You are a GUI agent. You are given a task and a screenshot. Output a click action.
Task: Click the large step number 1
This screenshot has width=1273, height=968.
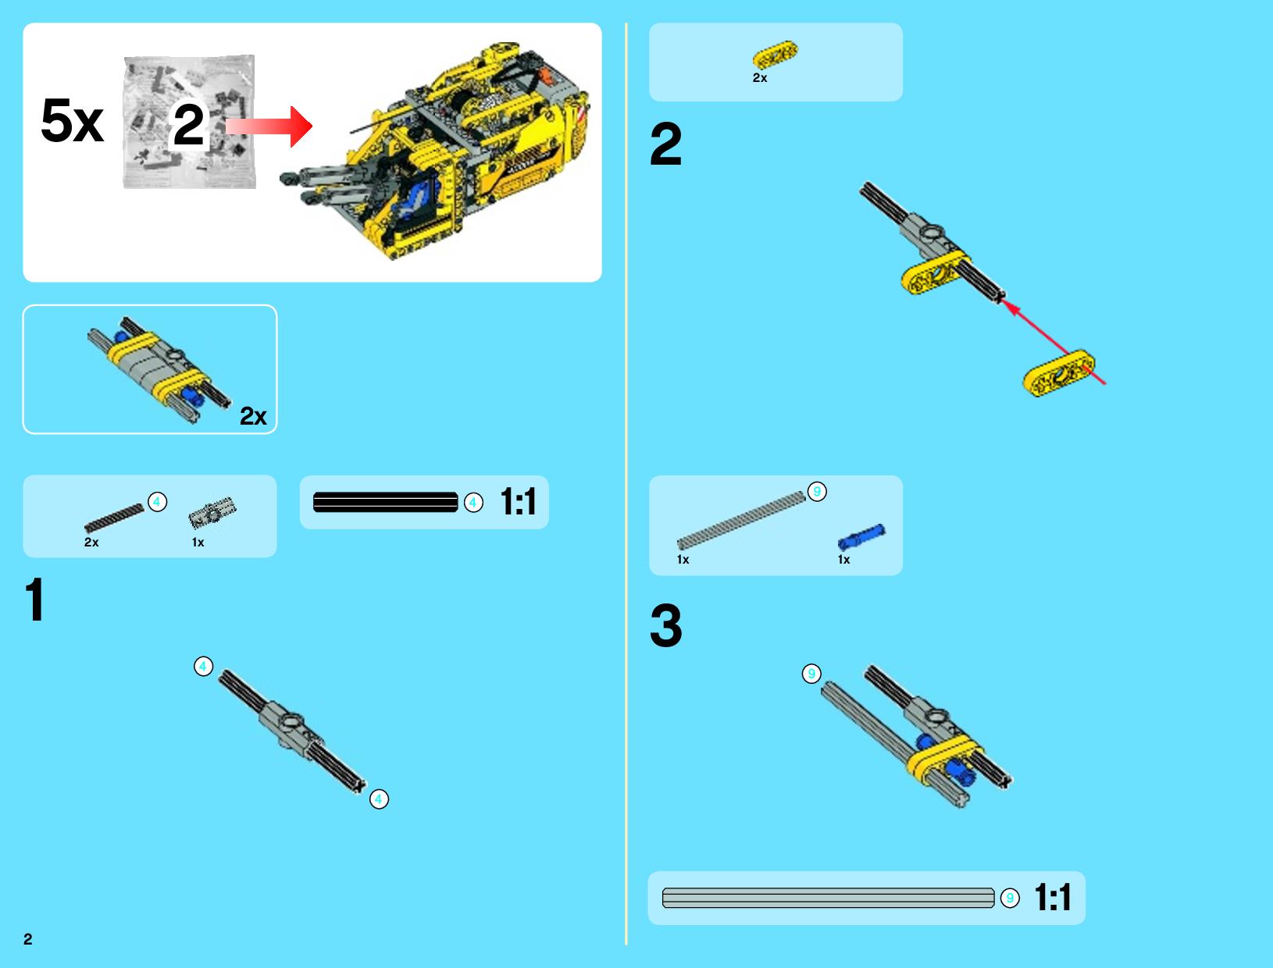[x=35, y=600]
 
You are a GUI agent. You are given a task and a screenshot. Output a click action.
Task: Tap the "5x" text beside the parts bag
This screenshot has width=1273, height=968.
[x=72, y=120]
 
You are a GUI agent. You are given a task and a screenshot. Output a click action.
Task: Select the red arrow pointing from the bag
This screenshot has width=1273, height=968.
[x=269, y=126]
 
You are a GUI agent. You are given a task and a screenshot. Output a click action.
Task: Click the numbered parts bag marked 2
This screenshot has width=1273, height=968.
[x=189, y=122]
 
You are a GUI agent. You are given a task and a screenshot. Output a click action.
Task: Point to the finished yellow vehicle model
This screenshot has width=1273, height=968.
[x=435, y=151]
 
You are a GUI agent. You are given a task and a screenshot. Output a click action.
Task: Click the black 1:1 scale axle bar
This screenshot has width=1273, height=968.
[x=386, y=502]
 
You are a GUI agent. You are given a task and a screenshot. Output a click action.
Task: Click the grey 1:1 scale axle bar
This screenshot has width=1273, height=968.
[x=828, y=898]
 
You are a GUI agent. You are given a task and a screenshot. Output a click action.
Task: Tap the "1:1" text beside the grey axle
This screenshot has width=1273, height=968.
[x=1053, y=897]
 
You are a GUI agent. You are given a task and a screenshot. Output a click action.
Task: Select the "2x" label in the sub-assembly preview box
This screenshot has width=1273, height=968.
[x=254, y=416]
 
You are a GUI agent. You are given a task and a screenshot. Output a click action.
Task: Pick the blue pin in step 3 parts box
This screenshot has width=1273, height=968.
[x=861, y=537]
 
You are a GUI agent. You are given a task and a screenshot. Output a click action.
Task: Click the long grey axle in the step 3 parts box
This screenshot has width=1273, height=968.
[x=741, y=520]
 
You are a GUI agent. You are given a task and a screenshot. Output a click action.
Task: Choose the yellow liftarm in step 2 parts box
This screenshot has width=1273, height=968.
[x=775, y=55]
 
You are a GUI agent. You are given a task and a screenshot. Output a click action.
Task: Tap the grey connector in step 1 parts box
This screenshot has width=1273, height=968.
[x=212, y=512]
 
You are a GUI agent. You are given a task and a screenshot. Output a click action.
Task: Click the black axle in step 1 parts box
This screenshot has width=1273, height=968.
[x=114, y=518]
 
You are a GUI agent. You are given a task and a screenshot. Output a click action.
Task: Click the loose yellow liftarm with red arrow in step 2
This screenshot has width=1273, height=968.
[x=1059, y=373]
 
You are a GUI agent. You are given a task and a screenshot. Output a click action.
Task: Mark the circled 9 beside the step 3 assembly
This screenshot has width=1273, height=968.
[x=811, y=674]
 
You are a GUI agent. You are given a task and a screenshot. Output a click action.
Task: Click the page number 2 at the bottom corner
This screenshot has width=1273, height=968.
[x=28, y=939]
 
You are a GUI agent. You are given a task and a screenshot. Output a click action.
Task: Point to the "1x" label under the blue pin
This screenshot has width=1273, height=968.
[x=843, y=560]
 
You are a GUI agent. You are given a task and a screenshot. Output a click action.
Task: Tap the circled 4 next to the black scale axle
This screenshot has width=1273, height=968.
[x=473, y=502]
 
